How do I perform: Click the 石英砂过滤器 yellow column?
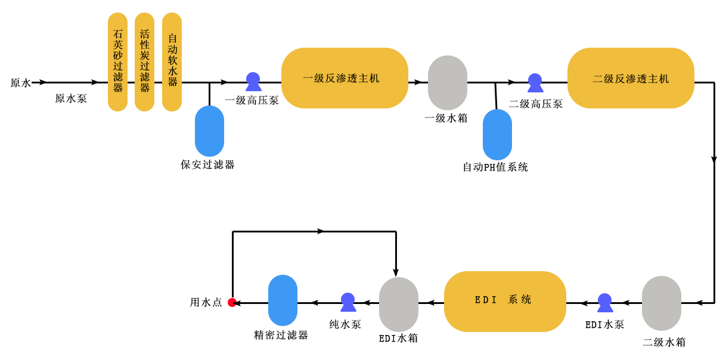117,62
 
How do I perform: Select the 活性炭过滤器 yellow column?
144,62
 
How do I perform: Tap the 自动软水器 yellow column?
172,62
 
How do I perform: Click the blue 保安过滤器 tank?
209,131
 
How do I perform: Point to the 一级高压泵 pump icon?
253,82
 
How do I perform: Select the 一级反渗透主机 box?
345,78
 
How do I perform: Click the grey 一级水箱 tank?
448,82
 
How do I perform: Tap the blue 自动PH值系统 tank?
497,135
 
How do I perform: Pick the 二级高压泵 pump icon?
535,83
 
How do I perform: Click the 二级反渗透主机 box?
631,78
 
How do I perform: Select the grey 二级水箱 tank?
661,303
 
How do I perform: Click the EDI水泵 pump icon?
605,303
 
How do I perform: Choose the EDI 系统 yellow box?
505,302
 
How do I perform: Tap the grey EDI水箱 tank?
399,305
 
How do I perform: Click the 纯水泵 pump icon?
348,302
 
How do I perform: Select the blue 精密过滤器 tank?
283,300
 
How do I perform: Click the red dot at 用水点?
232,303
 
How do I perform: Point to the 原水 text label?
20,83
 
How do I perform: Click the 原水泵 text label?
71,99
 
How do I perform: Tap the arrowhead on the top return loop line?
321,231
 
